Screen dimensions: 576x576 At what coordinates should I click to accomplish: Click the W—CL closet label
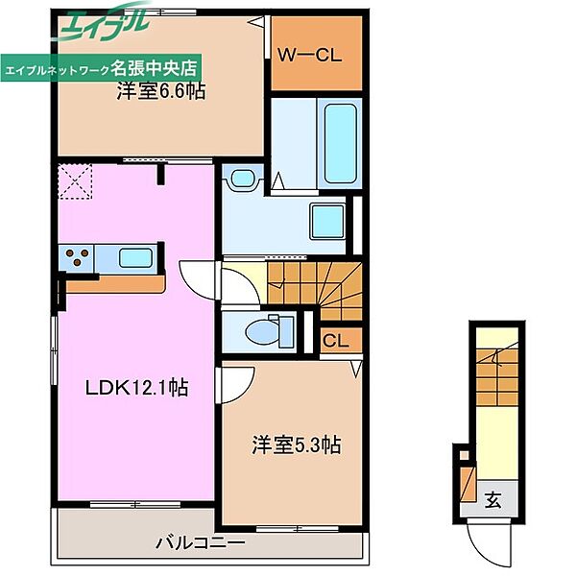310,56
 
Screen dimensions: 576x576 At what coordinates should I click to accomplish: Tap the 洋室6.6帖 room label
161,90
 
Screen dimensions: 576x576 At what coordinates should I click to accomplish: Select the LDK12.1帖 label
136,388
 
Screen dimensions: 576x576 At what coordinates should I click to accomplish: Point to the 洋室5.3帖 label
296,444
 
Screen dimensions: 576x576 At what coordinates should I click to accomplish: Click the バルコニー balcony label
201,542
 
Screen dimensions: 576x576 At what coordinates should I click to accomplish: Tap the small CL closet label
335,341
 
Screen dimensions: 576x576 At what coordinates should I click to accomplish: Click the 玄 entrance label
492,499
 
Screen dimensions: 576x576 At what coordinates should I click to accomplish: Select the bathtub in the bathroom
341,144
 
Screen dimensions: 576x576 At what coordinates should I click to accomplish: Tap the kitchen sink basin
135,257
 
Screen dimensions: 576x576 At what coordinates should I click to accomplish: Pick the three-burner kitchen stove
76,256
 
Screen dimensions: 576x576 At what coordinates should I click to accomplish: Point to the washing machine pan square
327,221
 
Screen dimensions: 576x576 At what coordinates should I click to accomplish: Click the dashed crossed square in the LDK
75,181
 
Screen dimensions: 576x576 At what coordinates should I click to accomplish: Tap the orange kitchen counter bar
115,284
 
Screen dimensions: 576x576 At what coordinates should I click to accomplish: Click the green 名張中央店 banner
101,67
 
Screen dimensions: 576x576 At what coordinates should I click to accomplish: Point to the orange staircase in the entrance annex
497,377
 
